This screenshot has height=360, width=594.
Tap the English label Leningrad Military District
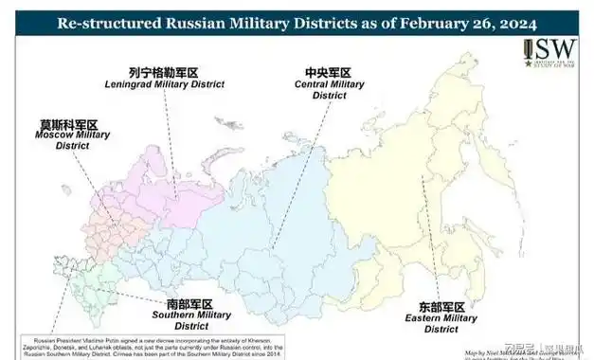[164, 84]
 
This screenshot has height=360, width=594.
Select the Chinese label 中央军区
[328, 72]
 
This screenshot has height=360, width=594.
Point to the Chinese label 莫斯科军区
[67, 123]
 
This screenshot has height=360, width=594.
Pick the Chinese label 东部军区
[441, 307]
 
